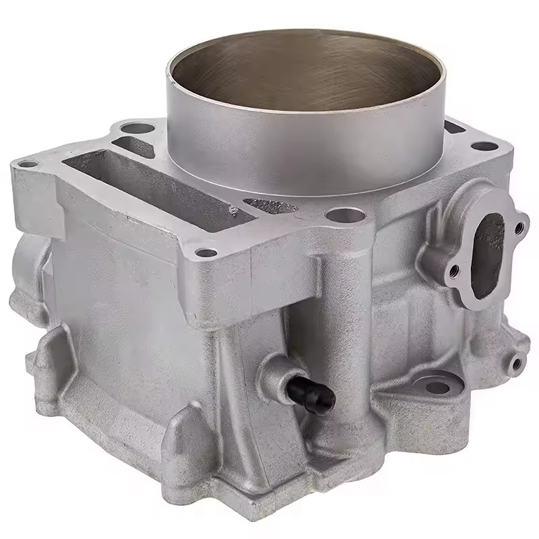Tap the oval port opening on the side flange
pos(489,253)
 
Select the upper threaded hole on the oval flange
pos(519,228)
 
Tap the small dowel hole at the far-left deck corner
pos(28,163)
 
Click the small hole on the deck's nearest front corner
pos(207,253)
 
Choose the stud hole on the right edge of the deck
pos(484,145)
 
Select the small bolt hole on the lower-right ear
pos(516,364)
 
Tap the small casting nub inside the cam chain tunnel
pos(234,211)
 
